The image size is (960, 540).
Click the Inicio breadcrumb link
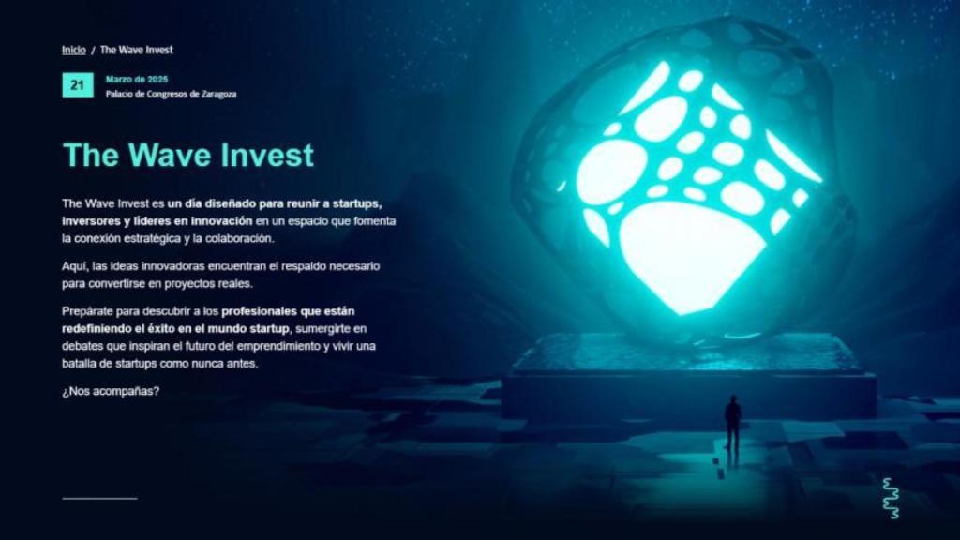click(x=74, y=50)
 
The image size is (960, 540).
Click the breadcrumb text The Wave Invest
click(x=137, y=50)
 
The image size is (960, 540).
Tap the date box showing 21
click(x=77, y=85)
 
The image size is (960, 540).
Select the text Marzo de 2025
click(x=137, y=80)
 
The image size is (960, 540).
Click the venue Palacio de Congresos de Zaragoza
click(x=171, y=94)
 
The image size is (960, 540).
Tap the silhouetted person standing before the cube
click(x=732, y=422)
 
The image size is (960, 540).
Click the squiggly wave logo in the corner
click(x=891, y=498)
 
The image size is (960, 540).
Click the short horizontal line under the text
click(x=99, y=498)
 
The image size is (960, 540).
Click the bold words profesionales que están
click(x=290, y=310)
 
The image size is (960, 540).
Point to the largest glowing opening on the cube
click(x=691, y=253)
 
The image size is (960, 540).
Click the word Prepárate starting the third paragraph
click(x=89, y=310)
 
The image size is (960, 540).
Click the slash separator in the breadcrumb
click(x=93, y=50)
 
